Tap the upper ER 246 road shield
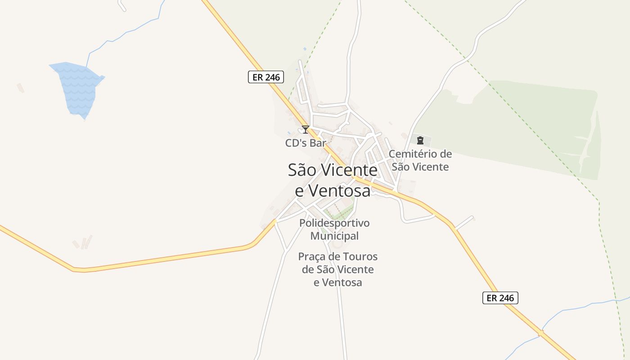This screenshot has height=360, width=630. coord(266,77)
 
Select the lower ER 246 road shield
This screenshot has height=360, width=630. coord(500,298)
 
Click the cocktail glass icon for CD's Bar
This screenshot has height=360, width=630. coord(306,130)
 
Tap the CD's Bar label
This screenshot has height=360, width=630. coord(305,144)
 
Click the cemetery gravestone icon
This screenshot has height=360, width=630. coord(420,140)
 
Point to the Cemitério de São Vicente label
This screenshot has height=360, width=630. coord(420,160)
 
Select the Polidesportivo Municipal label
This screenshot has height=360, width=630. coord(334,229)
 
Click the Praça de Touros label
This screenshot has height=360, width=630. coord(337,270)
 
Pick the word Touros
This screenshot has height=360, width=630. coord(360,257)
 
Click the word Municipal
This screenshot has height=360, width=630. coord(334,236)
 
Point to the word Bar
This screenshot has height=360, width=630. coord(317,144)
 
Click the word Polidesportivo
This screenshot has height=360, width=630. coord(334,223)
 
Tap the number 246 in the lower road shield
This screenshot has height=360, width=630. coord(506,298)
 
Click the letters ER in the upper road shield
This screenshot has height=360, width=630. coord(258,77)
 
